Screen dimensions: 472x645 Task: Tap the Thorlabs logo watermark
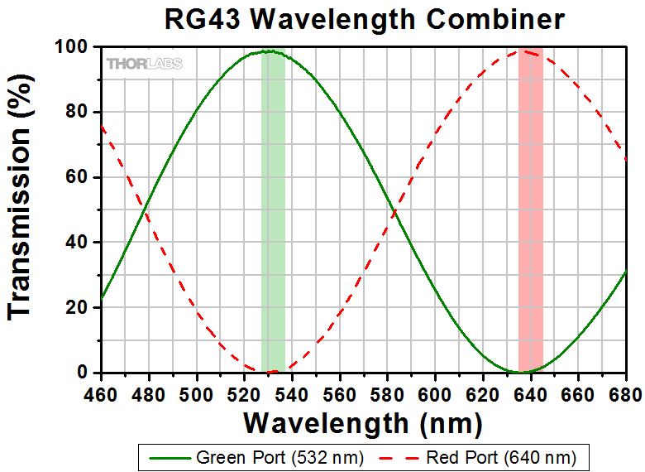click(x=145, y=63)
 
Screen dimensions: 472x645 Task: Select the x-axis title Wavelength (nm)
click(x=362, y=423)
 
